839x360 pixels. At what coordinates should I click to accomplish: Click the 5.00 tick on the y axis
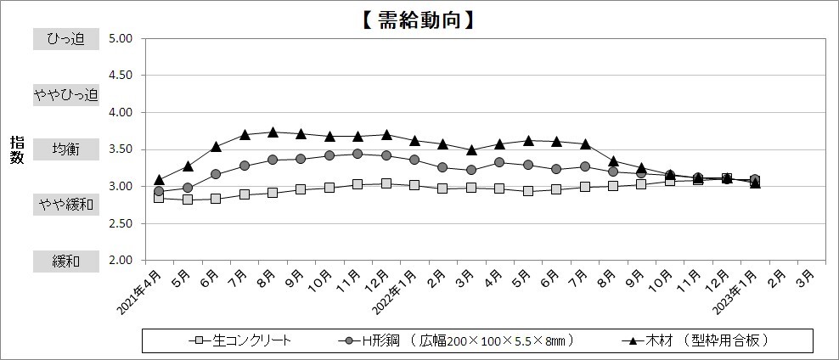click(x=121, y=38)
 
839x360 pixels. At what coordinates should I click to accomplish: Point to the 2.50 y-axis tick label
click(x=121, y=223)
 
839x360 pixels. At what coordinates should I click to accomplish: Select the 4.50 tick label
click(x=121, y=76)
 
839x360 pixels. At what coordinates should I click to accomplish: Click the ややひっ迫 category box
click(x=66, y=94)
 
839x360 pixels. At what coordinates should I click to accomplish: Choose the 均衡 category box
click(x=66, y=149)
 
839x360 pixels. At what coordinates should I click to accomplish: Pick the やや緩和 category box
click(x=66, y=205)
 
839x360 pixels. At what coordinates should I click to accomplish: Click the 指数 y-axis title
click(x=17, y=149)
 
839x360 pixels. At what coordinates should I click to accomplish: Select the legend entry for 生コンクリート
click(x=240, y=340)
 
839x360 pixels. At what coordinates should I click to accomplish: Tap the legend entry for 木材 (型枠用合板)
click(x=696, y=340)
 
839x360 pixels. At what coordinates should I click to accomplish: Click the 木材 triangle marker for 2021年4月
click(x=159, y=179)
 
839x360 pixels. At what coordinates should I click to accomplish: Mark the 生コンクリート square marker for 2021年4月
click(x=159, y=198)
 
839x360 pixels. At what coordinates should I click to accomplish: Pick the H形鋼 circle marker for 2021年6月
click(x=216, y=174)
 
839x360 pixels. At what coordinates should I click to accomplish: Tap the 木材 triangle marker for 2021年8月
click(x=273, y=132)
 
